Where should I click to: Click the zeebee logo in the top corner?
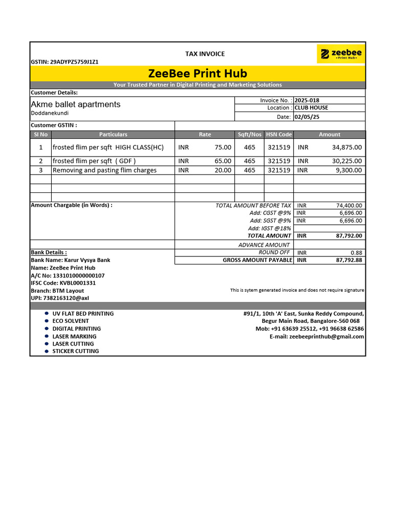pos(341,54)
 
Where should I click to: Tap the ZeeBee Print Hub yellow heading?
pos(198,73)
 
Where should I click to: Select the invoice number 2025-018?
pos(307,100)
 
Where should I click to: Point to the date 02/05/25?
pos(306,117)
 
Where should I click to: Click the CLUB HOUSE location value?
pos(311,108)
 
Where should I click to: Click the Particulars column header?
pos(113,135)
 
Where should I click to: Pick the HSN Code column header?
pos(278,135)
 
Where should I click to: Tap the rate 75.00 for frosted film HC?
pos(223,147)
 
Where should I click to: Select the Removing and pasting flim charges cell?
pos(104,170)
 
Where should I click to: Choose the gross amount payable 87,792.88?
pos(349,260)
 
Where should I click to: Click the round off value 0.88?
pos(356,253)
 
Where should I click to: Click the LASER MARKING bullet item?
pos(74,337)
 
